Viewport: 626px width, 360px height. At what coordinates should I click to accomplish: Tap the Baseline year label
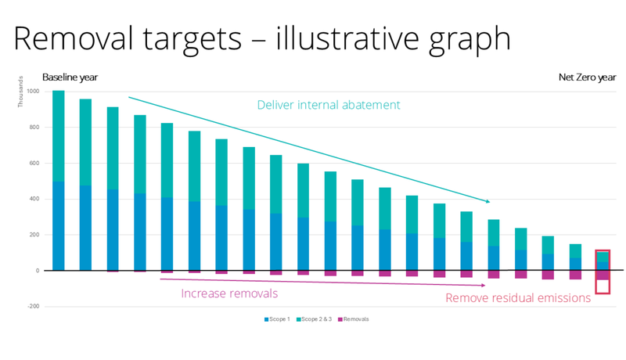pos(70,77)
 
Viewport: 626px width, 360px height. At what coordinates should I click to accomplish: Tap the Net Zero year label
pos(587,77)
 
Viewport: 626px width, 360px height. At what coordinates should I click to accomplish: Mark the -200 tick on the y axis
pos(32,307)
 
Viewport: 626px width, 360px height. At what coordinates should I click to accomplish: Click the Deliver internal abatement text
pos(329,105)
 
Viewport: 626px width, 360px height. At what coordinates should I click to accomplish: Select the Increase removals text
pos(230,293)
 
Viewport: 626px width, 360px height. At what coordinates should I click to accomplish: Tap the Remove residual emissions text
pos(518,297)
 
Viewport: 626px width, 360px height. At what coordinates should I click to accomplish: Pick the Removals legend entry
pos(353,319)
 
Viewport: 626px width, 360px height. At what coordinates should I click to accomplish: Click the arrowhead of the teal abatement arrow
pos(487,201)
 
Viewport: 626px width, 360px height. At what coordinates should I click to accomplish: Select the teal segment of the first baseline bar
pos(59,137)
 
